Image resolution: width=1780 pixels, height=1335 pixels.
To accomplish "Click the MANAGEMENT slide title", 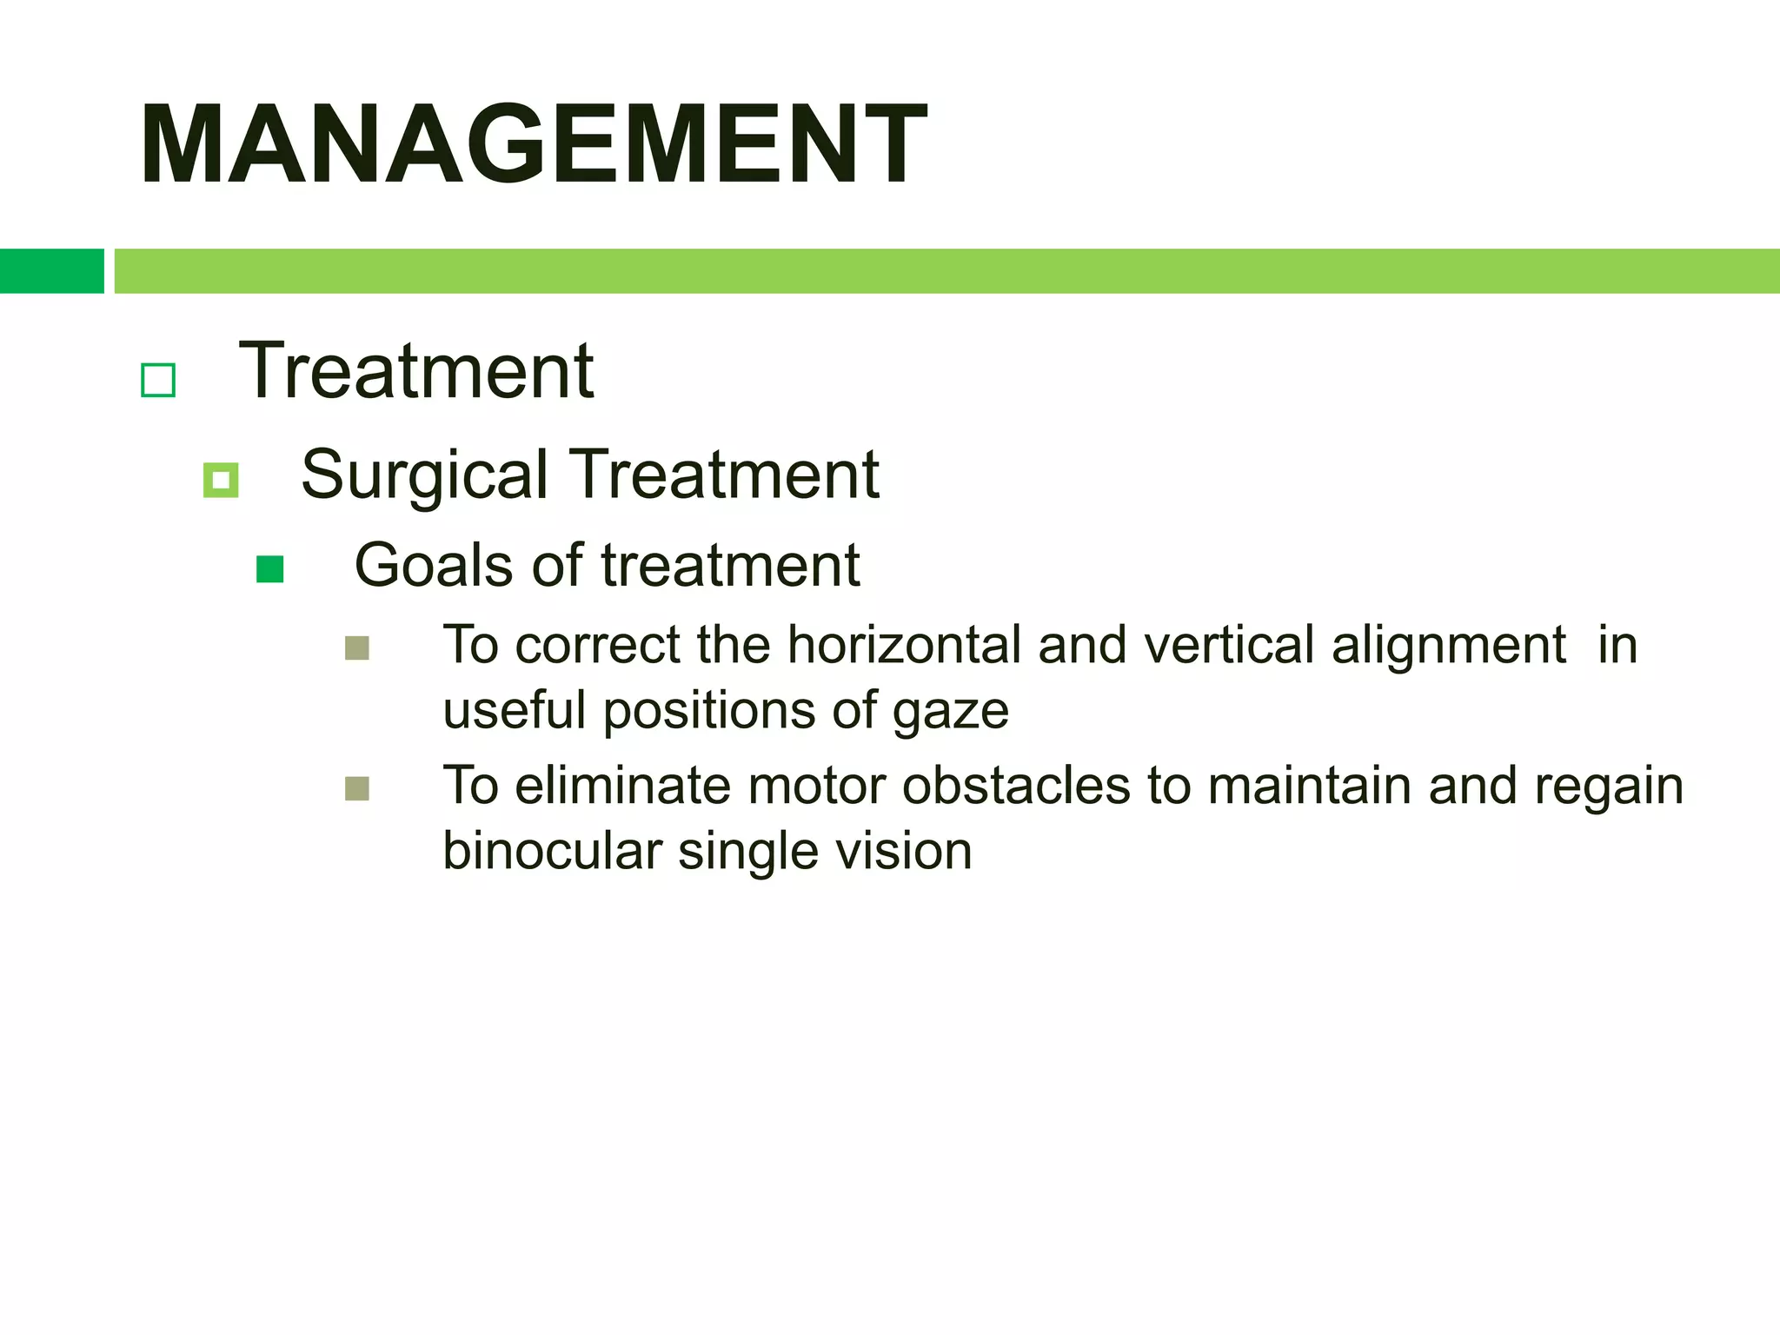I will (x=533, y=144).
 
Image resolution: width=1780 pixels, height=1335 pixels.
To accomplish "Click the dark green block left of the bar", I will (x=51, y=271).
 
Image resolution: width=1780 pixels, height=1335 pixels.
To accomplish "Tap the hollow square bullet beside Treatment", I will (x=158, y=380).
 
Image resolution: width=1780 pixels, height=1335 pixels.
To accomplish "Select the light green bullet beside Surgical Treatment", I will (x=221, y=480).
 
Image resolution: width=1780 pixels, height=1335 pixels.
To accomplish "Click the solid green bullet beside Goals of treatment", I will (x=270, y=569).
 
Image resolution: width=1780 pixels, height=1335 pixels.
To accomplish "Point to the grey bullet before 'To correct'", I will (x=357, y=648).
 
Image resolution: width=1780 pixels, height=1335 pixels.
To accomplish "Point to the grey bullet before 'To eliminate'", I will (x=357, y=788).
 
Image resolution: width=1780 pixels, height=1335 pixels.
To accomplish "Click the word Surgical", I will (x=424, y=475).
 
